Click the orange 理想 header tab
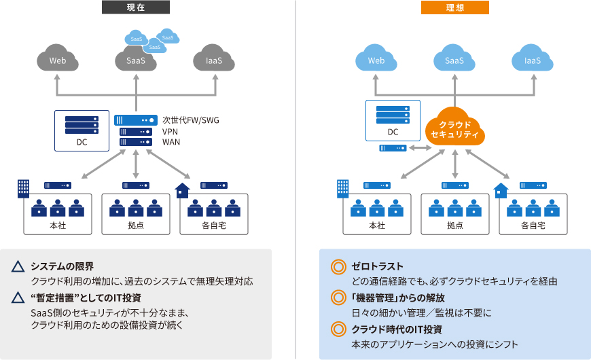[455, 7]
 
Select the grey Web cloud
[58, 60]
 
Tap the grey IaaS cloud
[214, 60]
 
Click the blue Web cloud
[376, 60]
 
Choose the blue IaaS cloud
[533, 60]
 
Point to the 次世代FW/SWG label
[190, 120]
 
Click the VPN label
[170, 131]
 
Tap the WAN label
[171, 142]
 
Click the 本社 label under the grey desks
[58, 225]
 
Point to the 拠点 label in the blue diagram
[454, 225]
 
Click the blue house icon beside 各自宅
[501, 190]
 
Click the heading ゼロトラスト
[378, 266]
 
